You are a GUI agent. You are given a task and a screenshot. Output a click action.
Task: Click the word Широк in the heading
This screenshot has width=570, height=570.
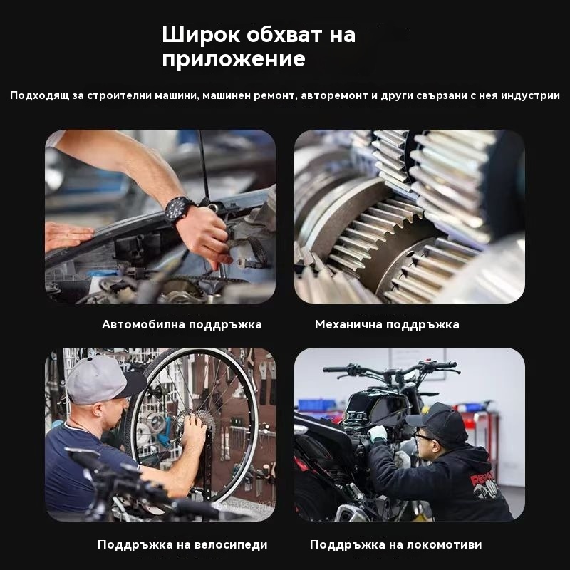tap(201, 34)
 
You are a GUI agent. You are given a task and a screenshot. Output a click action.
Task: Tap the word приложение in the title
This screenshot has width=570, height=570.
tap(234, 59)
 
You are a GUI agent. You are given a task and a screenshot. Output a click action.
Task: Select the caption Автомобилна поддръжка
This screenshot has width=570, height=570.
tap(182, 324)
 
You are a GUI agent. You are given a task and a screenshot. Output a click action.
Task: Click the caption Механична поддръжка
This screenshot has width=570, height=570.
tap(387, 324)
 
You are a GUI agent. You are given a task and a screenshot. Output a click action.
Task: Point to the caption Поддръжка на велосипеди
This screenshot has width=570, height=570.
tap(182, 544)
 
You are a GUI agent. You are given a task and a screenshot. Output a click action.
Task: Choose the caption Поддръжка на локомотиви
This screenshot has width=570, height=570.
tap(395, 544)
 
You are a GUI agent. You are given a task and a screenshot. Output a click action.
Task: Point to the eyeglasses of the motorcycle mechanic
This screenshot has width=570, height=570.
tap(423, 437)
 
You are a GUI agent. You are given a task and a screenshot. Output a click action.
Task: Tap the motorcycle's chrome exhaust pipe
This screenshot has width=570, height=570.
tap(350, 512)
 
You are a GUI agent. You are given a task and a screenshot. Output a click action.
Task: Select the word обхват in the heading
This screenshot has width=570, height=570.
tap(284, 34)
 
